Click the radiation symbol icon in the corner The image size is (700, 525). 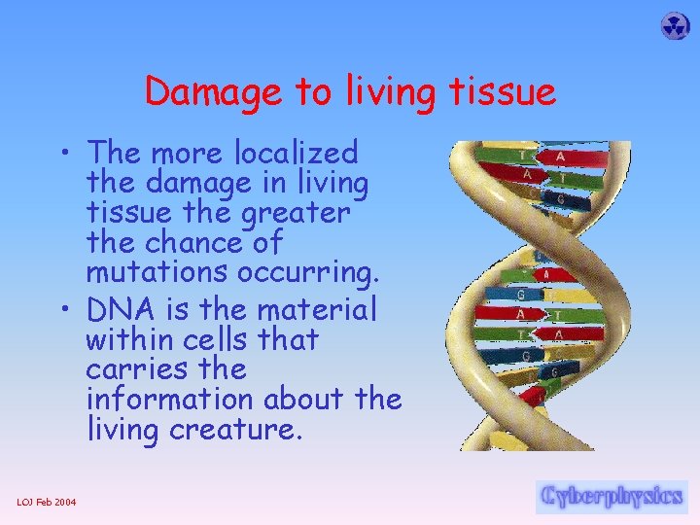(675, 26)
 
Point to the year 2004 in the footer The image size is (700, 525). (66, 502)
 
